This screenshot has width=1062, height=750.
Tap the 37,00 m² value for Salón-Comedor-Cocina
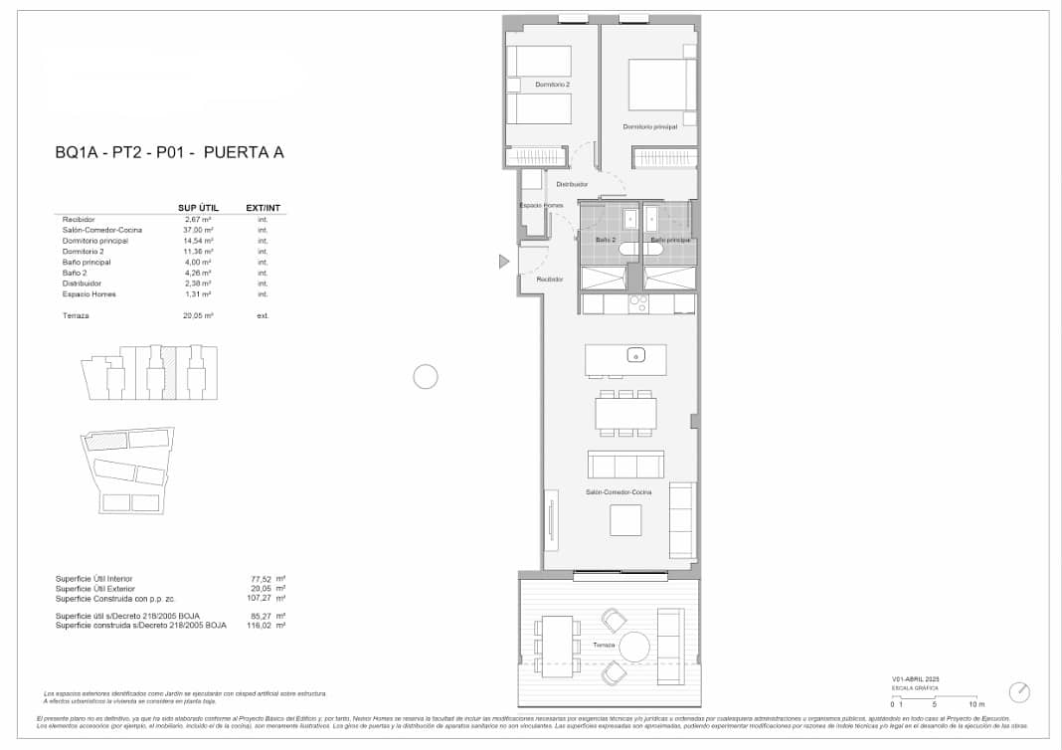pos(200,230)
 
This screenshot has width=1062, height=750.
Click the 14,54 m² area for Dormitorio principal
pos(200,241)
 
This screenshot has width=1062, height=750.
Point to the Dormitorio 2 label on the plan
pos(552,86)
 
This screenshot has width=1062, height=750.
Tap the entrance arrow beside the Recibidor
pos(504,262)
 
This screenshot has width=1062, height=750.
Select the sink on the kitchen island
pos(634,355)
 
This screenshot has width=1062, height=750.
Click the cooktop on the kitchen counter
pos(637,303)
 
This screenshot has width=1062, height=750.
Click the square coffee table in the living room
pos(625,520)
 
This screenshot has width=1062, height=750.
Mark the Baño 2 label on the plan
pos(607,240)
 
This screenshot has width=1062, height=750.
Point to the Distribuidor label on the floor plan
pos(572,184)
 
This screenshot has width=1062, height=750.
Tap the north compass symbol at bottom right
pos(1019,691)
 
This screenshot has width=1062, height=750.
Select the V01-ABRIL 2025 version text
pos(916,678)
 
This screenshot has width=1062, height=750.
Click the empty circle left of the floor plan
pos(426,377)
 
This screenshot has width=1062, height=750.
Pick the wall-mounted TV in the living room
pos(550,517)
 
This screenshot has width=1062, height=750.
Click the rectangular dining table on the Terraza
pos(559,646)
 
